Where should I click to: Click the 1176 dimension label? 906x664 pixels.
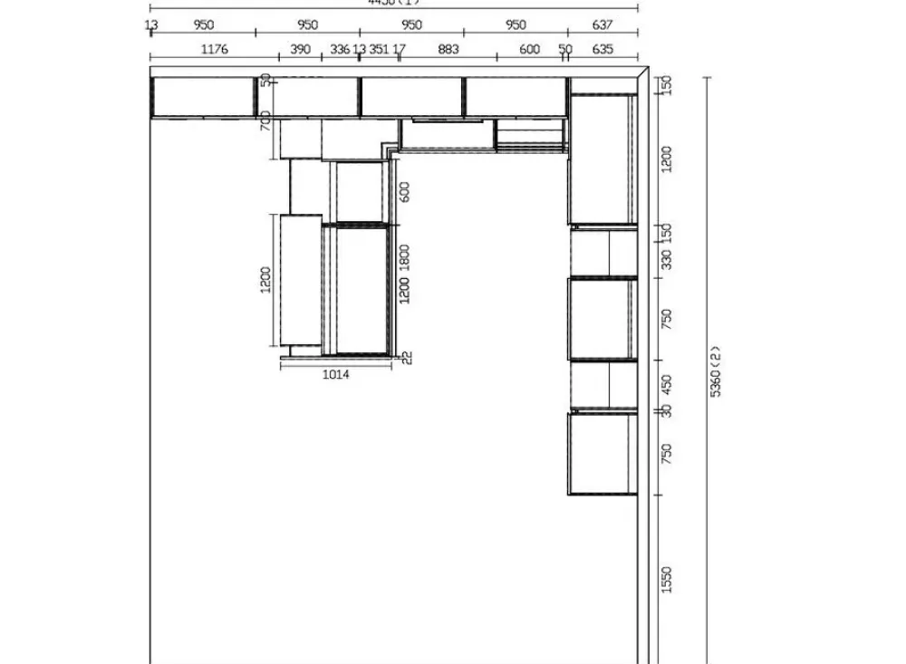coord(214,49)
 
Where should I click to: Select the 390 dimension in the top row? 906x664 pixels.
coord(300,49)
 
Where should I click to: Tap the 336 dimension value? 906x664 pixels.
coord(340,49)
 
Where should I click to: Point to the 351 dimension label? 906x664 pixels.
coord(379,49)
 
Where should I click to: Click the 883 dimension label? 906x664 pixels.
coord(448,49)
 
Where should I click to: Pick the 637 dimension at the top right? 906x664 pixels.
coord(602,25)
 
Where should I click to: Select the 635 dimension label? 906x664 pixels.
coord(602,49)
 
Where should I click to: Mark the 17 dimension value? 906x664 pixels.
coord(400,49)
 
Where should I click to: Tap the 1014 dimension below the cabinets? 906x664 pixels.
coord(335,374)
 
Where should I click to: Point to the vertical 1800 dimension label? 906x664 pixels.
coord(405,257)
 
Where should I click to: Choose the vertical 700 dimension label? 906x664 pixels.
coord(266,120)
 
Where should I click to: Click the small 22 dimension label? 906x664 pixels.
coord(407,357)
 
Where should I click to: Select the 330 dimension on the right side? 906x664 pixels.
coord(667,260)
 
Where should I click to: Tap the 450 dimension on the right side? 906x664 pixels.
coord(667,384)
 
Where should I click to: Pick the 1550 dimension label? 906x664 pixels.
coord(667,579)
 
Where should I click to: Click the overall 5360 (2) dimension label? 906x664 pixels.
coord(715,370)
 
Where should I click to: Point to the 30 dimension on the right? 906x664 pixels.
coord(667,410)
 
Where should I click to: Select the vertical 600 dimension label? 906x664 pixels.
coord(405,192)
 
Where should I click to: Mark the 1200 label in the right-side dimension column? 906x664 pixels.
coord(667,159)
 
